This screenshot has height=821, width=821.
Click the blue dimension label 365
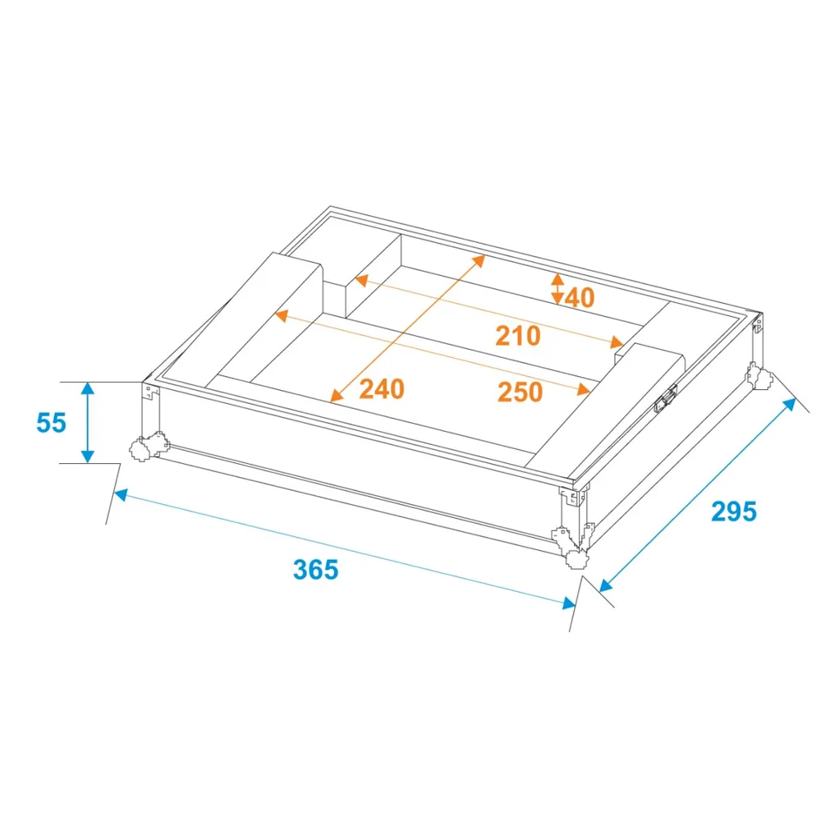[x=316, y=570]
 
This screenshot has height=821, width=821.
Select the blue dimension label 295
[x=734, y=511]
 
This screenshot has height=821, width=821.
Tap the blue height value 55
[x=51, y=423]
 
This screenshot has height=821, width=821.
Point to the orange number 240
[x=382, y=389]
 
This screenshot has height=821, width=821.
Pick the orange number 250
[x=520, y=392]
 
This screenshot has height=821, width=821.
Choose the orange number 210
[x=518, y=336]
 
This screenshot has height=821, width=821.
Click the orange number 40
[x=580, y=298]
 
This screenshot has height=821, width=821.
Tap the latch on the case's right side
[x=666, y=399]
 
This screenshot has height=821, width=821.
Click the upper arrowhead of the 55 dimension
[x=88, y=388]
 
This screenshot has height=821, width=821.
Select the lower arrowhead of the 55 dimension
[x=88, y=456]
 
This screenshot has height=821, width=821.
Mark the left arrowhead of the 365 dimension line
[x=121, y=495]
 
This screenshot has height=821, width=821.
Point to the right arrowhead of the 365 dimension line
[x=569, y=603]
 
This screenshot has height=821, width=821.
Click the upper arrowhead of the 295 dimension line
[x=789, y=405]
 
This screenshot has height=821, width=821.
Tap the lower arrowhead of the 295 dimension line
[x=606, y=585]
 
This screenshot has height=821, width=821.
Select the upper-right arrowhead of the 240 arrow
[x=479, y=261]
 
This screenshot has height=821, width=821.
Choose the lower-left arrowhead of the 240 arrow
[x=337, y=396]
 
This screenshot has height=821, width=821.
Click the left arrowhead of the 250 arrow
[x=282, y=316]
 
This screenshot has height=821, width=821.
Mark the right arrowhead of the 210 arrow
[x=617, y=342]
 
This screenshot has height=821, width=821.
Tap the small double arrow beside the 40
[x=557, y=288]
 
